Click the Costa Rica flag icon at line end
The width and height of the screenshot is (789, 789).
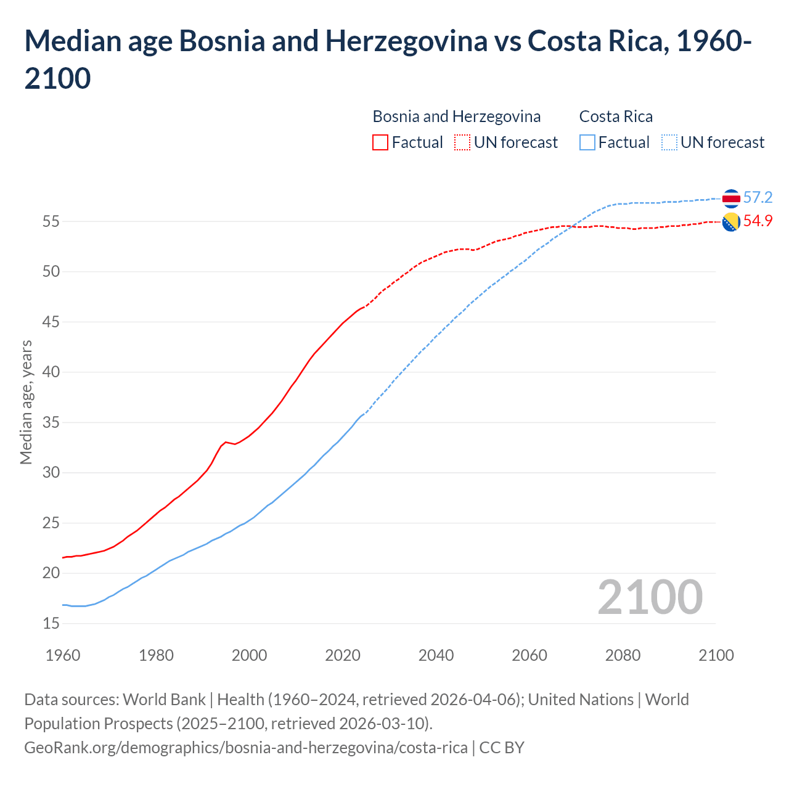731,198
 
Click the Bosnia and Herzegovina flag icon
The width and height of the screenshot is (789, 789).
731,222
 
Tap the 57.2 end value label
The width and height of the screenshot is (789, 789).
758,197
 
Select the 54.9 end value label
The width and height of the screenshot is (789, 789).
758,221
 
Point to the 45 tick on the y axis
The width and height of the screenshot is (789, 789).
51,322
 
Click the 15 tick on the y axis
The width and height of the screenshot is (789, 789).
51,623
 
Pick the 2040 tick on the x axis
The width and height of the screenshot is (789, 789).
436,655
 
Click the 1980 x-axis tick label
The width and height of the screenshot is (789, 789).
156,655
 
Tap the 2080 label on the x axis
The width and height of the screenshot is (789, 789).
623,655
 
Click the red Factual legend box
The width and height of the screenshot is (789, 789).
380,142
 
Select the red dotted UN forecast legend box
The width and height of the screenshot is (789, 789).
462,142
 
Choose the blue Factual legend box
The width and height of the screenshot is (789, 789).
587,142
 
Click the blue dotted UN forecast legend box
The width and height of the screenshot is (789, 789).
669,142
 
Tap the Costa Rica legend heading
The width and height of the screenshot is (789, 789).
616,117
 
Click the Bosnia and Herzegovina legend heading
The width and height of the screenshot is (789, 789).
457,117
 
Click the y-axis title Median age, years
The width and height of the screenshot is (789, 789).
26,401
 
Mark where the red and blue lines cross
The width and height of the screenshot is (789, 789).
571,227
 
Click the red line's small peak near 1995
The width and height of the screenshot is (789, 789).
226,442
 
